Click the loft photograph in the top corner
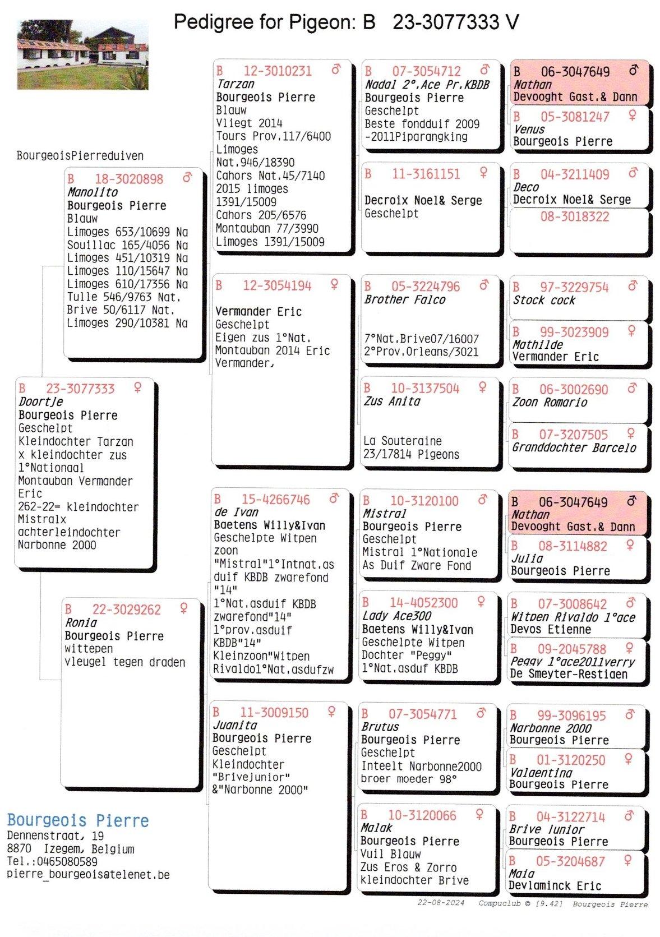[x=82, y=55]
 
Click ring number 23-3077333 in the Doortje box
[x=80, y=389]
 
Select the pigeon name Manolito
[x=93, y=192]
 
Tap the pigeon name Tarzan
[x=236, y=84]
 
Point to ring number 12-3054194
[x=276, y=285]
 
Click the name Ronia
[x=81, y=622]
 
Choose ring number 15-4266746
[x=275, y=499]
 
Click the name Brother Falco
[x=404, y=299]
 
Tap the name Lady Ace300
[x=396, y=616]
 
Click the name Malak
[x=376, y=828]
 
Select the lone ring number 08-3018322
[x=574, y=217]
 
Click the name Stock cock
[x=544, y=300]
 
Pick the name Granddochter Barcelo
[x=574, y=447]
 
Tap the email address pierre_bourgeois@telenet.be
[x=88, y=874]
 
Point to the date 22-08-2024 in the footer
[x=441, y=903]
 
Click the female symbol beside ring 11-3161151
[x=483, y=173]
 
